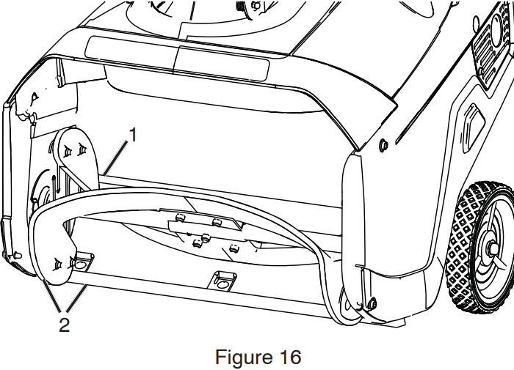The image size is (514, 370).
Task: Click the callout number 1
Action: coord(133,135)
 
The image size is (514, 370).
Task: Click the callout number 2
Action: coord(65,325)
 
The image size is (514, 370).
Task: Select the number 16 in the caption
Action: coord(290,357)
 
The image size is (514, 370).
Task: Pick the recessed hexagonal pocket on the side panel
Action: coord(474,128)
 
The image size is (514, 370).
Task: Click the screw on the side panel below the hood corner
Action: coord(383,145)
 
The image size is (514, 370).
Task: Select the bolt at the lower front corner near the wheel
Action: coord(372,303)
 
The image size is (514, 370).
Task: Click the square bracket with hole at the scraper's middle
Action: coord(222,280)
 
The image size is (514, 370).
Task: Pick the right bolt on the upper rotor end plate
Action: coord(82,150)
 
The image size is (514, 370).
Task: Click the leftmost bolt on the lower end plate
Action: coord(58,263)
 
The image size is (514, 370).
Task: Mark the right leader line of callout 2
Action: coord(77,297)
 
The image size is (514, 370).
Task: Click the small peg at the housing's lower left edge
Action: coord(16,254)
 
